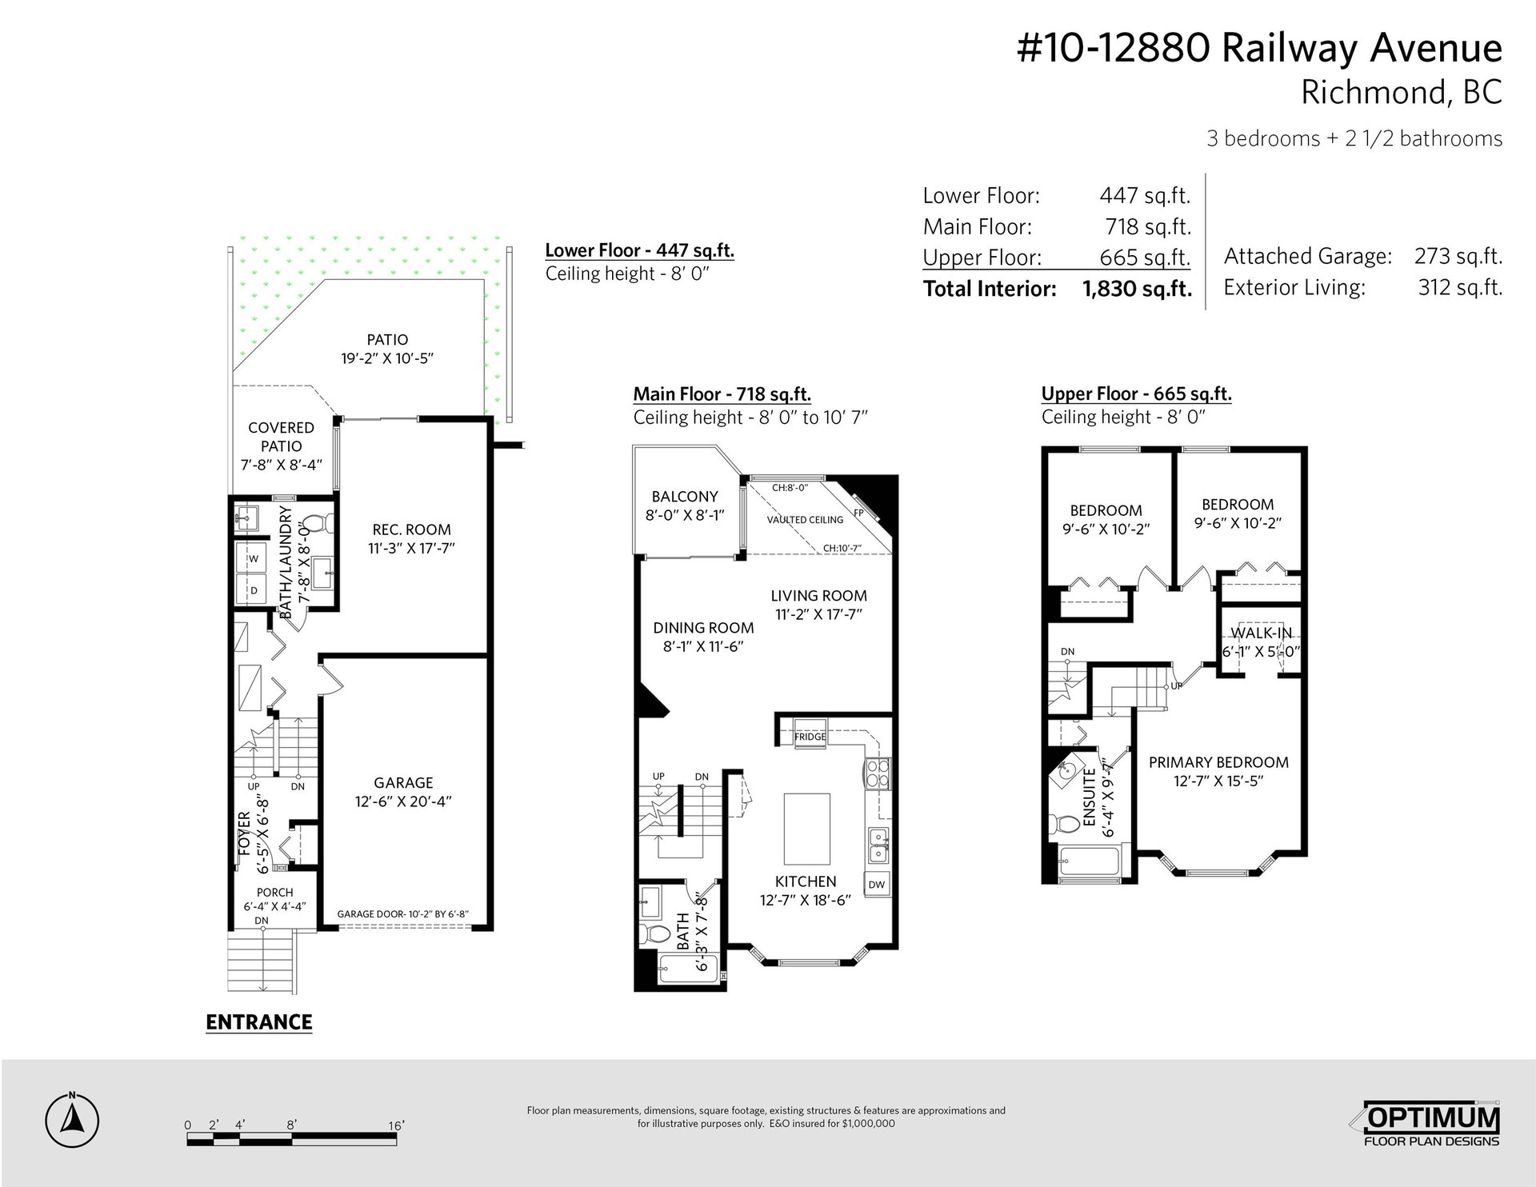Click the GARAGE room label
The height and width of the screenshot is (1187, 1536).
coord(403,783)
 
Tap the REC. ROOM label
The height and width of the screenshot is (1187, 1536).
coord(411,530)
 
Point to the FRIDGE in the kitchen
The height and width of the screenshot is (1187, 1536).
coord(810,737)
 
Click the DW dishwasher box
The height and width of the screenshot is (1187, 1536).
coord(877,884)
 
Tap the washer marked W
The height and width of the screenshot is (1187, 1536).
coord(253,559)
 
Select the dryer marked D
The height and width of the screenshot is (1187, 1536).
coord(253,590)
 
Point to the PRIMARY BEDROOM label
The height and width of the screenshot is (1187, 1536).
coord(1218,762)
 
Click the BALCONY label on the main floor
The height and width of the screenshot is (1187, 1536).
coord(685,497)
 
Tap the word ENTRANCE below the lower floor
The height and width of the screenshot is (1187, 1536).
coord(258,1022)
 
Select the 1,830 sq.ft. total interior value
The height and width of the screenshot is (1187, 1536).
coord(1137,289)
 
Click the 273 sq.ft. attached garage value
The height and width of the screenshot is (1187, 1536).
coord(1459,256)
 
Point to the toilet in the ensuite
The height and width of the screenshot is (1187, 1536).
coord(1065,823)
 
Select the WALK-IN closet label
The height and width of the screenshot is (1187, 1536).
coord(1261,633)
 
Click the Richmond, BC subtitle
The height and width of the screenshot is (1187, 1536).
coord(1402,93)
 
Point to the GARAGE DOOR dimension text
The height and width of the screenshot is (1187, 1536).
coord(402,914)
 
